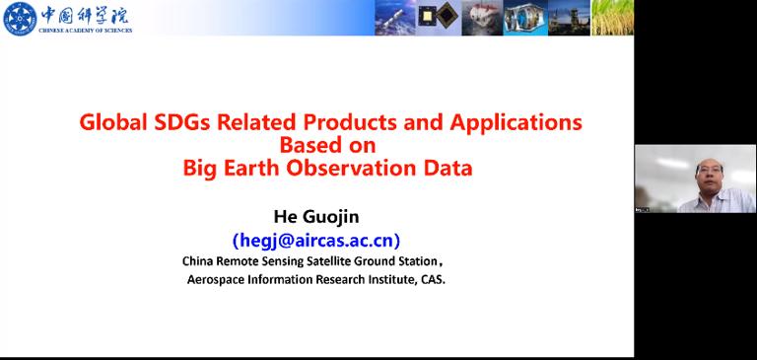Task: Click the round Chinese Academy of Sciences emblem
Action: (19, 18)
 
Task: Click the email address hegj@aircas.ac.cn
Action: (316, 240)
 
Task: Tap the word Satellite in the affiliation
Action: (339, 262)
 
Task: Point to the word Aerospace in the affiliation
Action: (218, 279)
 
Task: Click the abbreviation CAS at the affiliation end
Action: (430, 279)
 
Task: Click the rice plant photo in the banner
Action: (611, 18)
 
